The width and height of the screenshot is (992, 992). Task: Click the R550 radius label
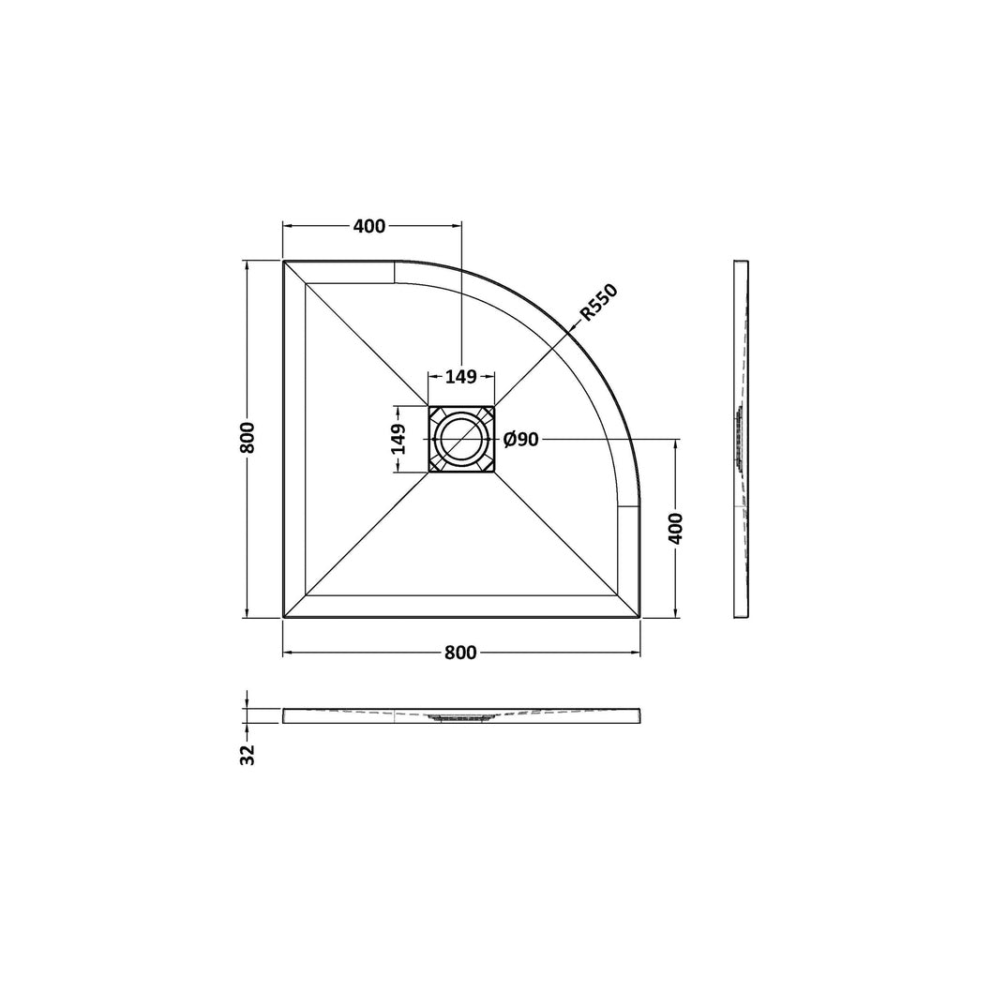[598, 303]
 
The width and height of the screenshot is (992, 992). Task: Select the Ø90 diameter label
[520, 439]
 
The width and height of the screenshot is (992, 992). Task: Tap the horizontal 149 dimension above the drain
[460, 377]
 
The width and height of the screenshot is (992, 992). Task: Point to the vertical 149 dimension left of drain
[398, 439]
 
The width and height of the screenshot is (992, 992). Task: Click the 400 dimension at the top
[369, 226]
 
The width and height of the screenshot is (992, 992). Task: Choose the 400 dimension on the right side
[676, 528]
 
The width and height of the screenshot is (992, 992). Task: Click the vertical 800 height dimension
[247, 437]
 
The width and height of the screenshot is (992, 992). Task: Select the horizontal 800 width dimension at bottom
[460, 653]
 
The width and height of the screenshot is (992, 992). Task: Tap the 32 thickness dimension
[248, 754]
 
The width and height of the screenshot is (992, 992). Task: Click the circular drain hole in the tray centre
[461, 439]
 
